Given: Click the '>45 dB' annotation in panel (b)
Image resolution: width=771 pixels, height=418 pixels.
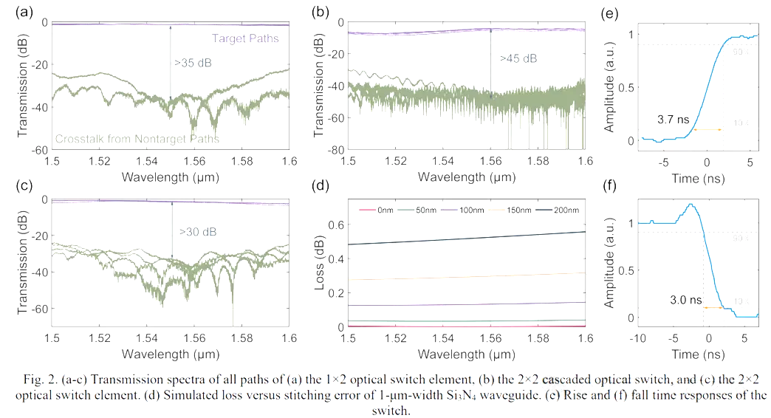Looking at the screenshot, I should (518, 58).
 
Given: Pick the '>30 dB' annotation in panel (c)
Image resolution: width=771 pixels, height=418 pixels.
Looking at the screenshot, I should (199, 232).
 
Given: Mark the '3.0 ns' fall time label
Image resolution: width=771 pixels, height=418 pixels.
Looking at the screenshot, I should (679, 301).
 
